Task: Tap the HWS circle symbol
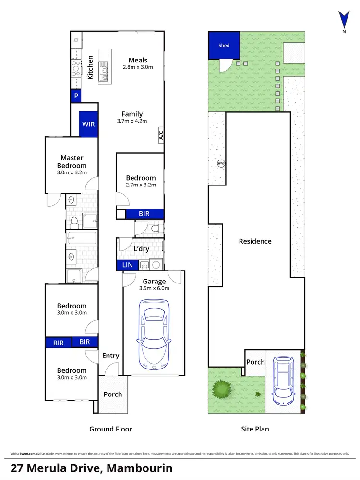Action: click(221, 163)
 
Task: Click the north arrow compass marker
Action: click(343, 22)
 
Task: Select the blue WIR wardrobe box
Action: click(88, 124)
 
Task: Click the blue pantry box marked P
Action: click(76, 96)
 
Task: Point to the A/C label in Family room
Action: click(161, 134)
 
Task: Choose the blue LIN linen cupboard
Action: click(127, 265)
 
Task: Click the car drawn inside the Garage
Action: click(154, 334)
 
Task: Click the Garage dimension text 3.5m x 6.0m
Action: click(154, 289)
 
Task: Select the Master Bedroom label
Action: click(72, 161)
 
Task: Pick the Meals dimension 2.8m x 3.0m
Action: click(137, 67)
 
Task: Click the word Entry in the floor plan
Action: click(110, 356)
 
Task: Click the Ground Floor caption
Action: click(111, 429)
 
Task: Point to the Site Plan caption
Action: click(255, 429)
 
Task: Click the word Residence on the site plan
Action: click(255, 241)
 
